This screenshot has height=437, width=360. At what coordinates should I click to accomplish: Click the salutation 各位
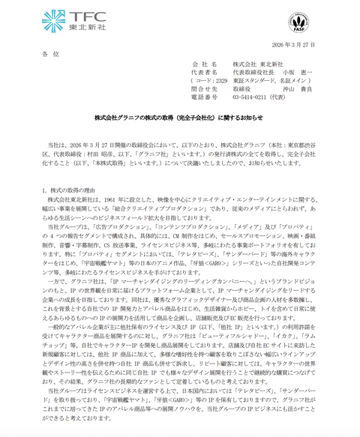(x=49, y=55)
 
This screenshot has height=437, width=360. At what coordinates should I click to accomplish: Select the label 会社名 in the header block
(x=205, y=66)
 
